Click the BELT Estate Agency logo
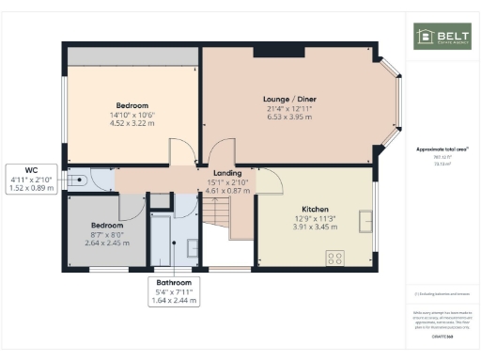[x=442, y=37]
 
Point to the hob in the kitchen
[x=334, y=256]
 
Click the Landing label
[x=227, y=173]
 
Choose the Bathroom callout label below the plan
[x=175, y=283]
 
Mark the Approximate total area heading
[x=442, y=149]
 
